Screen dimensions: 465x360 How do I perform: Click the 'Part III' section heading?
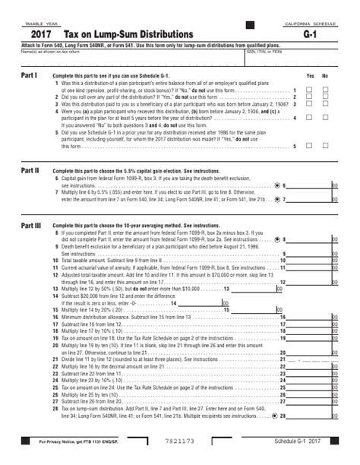point(31,226)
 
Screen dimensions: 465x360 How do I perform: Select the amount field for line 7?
point(308,199)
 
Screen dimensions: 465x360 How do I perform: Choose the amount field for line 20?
point(308,353)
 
